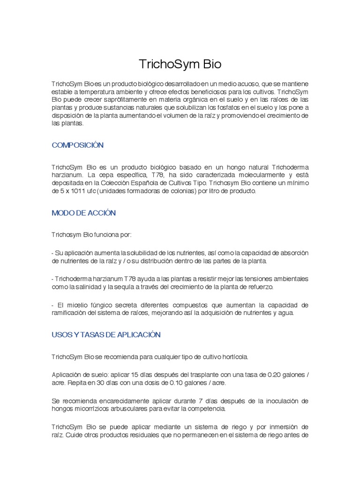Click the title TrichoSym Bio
click(180, 64)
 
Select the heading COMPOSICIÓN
click(77, 145)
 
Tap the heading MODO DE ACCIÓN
click(83, 213)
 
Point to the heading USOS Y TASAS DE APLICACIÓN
click(106, 335)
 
